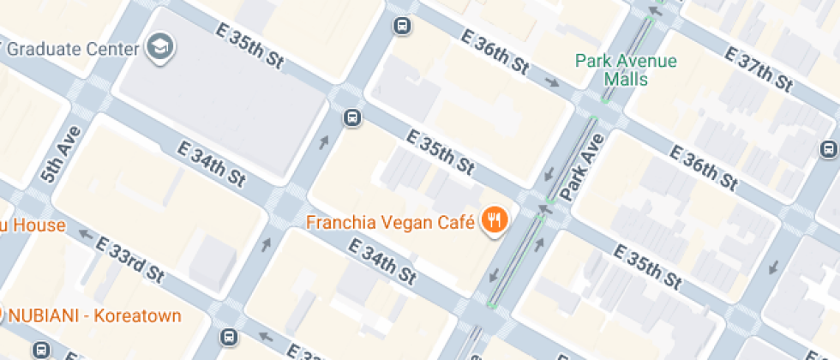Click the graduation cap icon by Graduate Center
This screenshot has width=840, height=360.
coord(160,47)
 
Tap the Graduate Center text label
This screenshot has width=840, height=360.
coord(72,48)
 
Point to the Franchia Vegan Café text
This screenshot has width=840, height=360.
coord(391,223)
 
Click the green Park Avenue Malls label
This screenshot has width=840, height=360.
coord(626,70)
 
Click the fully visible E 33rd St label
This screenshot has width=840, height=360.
coord(129,261)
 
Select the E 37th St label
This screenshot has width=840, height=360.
coord(758,69)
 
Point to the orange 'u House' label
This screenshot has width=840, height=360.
coord(33,225)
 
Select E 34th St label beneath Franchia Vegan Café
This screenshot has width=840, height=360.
coord(381,262)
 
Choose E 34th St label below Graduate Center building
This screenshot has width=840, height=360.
coord(211,164)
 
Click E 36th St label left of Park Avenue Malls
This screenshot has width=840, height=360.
coord(494,51)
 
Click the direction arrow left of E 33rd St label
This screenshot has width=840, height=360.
coord(85,232)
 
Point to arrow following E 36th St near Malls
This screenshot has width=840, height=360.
coord(554,83)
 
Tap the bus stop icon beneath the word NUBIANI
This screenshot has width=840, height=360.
coord(40,350)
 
